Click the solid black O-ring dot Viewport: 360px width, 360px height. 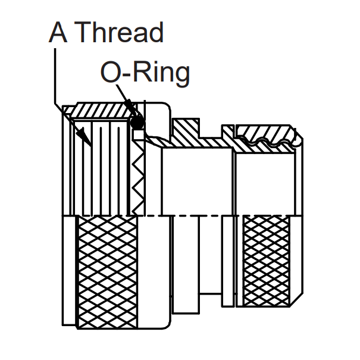(137, 123)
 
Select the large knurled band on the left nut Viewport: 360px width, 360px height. (107, 271)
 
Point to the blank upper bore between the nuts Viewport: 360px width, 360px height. (196, 179)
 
